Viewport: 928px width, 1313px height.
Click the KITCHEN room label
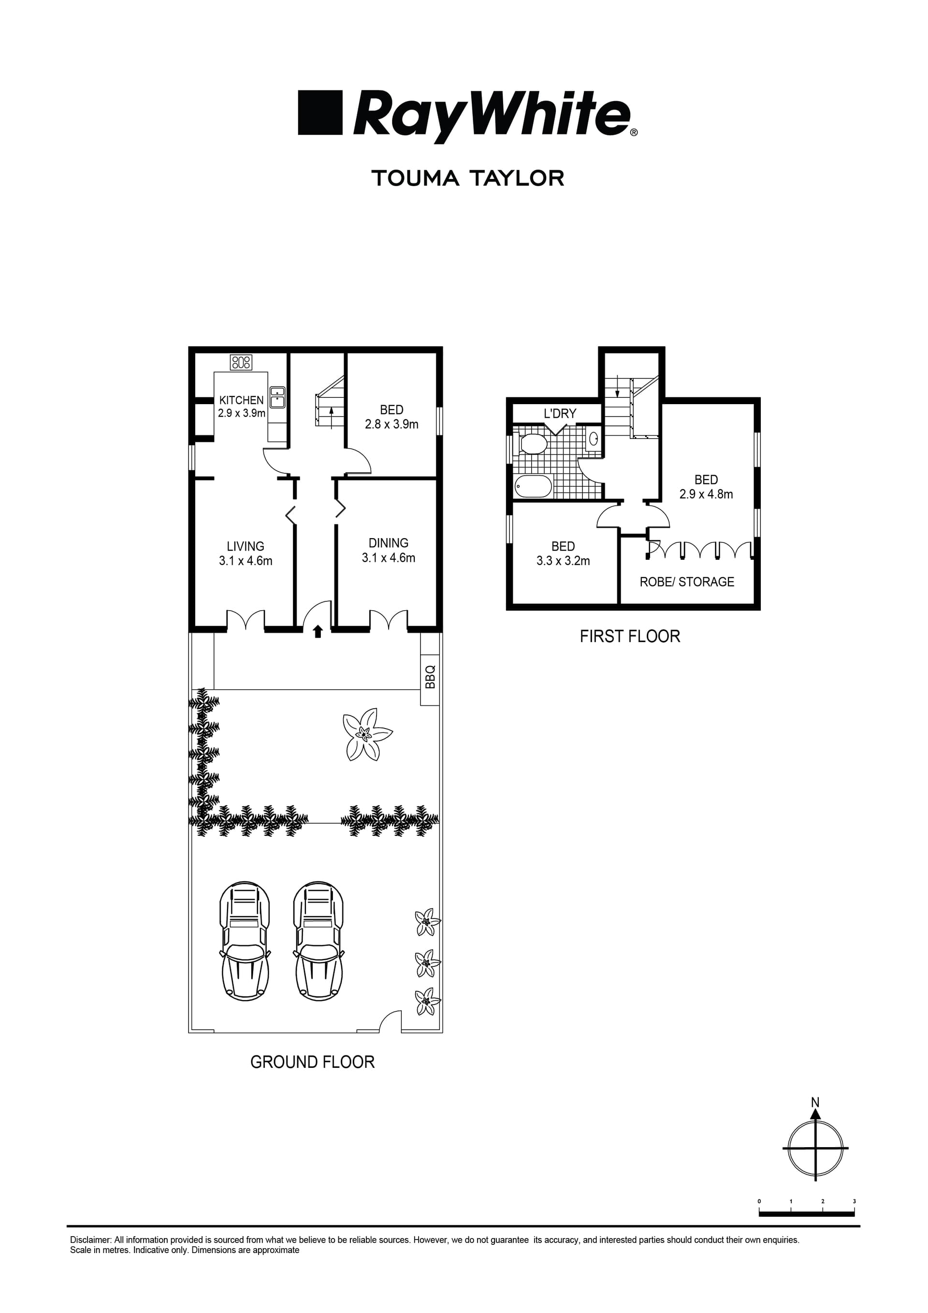coord(241,401)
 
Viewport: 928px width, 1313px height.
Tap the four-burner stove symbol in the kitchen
coord(241,362)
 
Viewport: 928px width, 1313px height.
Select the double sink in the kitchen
coord(277,397)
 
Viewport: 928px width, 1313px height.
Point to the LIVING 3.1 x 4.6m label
coord(246,553)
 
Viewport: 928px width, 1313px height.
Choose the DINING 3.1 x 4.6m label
coord(388,550)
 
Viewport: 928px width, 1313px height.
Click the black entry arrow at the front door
coord(318,631)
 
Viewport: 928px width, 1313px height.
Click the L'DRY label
coord(560,413)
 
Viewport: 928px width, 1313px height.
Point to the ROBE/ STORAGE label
coord(686,582)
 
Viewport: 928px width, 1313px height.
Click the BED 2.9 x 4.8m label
coord(706,487)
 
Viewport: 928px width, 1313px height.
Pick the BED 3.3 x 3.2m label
coord(563,553)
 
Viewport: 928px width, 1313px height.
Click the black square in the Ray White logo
coord(319,112)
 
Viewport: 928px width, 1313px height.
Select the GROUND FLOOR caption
coord(312,1062)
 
